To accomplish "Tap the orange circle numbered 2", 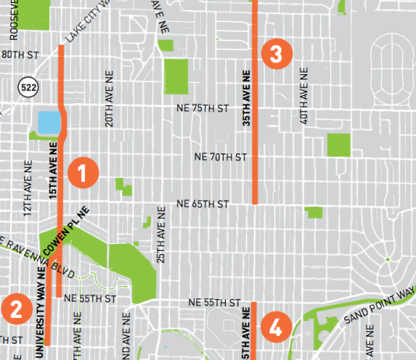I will pyautogui.click(x=15, y=309).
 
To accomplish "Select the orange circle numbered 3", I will pyautogui.click(x=277, y=54).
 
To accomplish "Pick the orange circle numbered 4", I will pyautogui.click(x=274, y=326).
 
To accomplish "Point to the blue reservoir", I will pyautogui.click(x=48, y=122).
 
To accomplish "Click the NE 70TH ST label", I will pyautogui.click(x=220, y=157).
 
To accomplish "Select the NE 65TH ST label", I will pyautogui.click(x=202, y=204).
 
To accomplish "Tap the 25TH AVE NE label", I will pyautogui.click(x=161, y=235).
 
